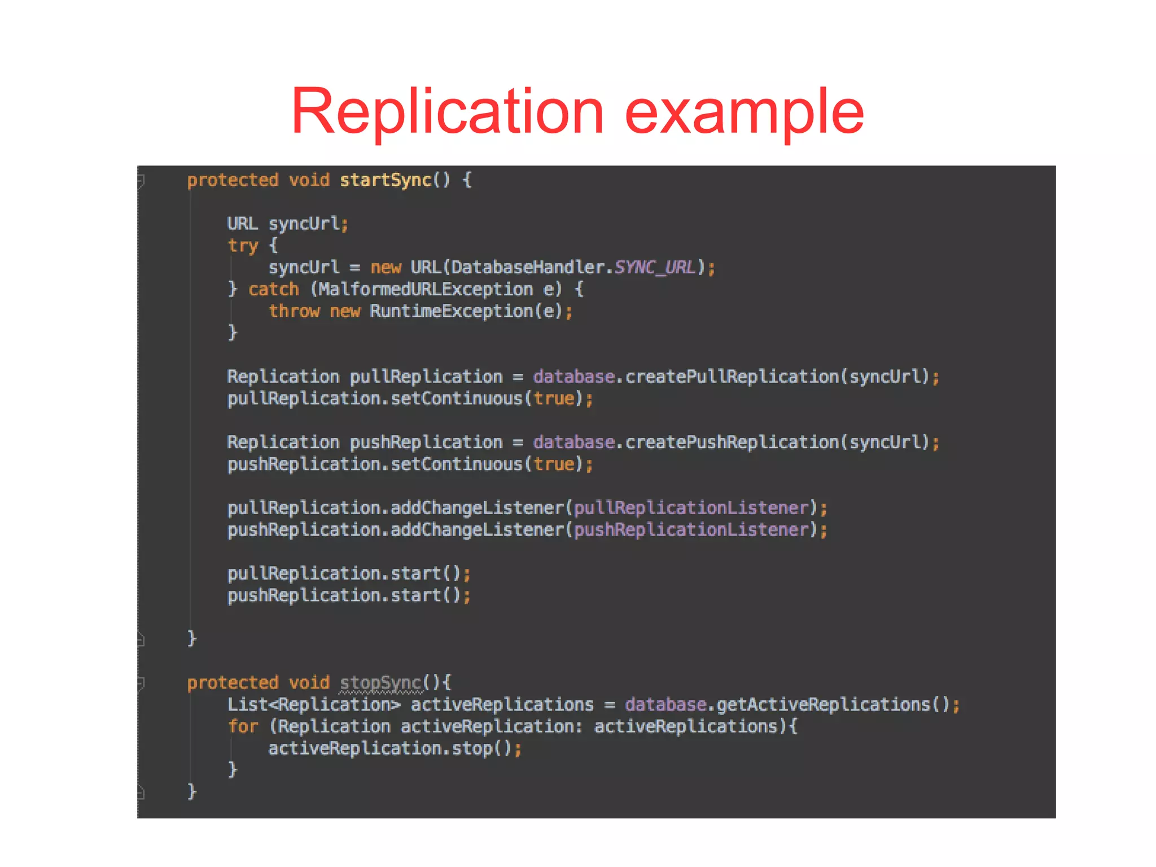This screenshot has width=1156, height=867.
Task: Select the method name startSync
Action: tap(386, 180)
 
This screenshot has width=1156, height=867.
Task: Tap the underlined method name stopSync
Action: tap(380, 683)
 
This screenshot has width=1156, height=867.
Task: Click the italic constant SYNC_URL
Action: tap(655, 267)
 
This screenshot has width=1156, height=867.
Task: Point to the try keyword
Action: tap(243, 246)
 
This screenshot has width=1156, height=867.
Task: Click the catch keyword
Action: tap(274, 289)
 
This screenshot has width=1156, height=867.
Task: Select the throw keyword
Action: tap(294, 311)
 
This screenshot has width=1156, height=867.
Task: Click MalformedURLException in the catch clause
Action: tap(426, 289)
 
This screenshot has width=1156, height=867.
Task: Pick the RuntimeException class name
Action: tap(451, 311)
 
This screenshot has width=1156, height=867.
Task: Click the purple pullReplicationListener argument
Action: tap(691, 508)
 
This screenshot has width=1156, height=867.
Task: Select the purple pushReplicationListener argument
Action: tap(691, 530)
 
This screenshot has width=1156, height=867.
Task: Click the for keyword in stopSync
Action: tap(243, 726)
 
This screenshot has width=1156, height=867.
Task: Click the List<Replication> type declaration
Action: tap(314, 705)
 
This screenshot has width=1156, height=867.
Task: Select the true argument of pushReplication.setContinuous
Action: tap(554, 464)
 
